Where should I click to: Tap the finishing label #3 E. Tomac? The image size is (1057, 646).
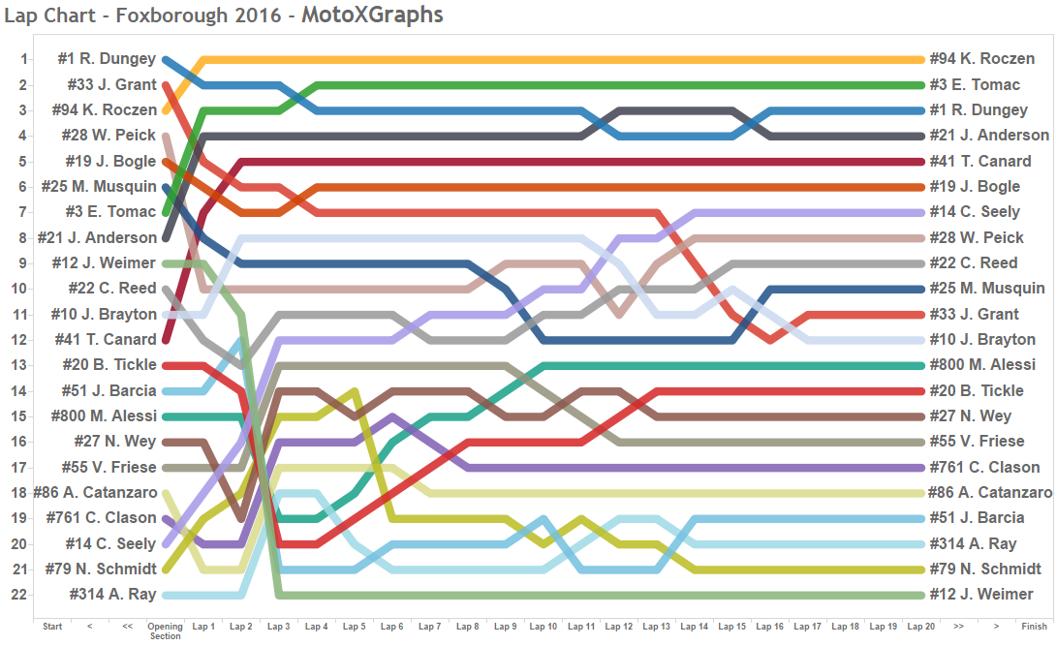point(975,85)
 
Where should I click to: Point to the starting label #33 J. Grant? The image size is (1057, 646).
point(111,85)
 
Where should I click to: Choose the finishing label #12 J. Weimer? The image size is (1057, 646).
point(981,594)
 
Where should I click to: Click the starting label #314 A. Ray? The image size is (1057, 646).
point(112,594)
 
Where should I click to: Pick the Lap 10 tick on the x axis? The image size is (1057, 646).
point(544,627)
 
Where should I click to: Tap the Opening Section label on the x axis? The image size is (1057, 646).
point(166,631)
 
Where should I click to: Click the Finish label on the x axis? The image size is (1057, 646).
point(1034,627)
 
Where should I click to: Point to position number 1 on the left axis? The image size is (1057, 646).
point(24,59)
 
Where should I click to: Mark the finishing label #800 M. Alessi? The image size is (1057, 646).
point(980,365)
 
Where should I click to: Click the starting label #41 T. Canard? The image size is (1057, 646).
point(109,339)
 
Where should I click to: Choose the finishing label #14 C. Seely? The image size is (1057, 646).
point(975,212)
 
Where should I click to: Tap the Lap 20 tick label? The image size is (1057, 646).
point(921,627)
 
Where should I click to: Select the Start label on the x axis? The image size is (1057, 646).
point(52,627)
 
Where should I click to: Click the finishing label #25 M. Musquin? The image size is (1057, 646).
point(987,289)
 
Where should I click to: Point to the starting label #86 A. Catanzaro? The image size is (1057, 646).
point(95,492)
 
